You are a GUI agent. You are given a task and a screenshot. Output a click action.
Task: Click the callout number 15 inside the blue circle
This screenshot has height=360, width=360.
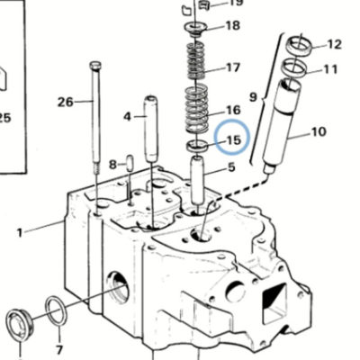pyautogui.click(x=234, y=139)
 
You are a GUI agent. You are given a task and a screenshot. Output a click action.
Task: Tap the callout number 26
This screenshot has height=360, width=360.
pyautogui.click(x=66, y=102)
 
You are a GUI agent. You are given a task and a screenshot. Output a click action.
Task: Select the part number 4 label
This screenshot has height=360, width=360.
pyautogui.click(x=128, y=116)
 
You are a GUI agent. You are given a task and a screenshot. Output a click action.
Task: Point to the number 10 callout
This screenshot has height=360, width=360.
pyautogui.click(x=319, y=131)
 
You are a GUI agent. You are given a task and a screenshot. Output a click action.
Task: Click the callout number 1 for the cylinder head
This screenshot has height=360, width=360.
pyautogui.click(x=20, y=232)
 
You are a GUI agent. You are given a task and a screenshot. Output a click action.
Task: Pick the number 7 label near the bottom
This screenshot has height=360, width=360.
pyautogui.click(x=59, y=350)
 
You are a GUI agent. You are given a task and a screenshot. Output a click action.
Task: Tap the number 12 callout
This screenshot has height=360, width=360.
pyautogui.click(x=334, y=45)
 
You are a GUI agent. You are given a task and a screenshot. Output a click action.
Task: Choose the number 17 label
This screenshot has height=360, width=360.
pyautogui.click(x=233, y=67)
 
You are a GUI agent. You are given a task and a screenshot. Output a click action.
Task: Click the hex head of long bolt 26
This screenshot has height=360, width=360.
pyautogui.click(x=95, y=65)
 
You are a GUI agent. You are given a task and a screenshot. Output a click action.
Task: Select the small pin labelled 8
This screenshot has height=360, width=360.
pyautogui.click(x=130, y=163)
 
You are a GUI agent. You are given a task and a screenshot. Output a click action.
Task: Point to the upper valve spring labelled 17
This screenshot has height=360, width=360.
pyautogui.click(x=196, y=60)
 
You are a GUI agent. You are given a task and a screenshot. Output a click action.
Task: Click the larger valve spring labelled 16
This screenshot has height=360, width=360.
pyautogui.click(x=196, y=109)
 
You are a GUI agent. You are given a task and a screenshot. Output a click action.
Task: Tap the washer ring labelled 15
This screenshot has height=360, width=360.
pyautogui.click(x=196, y=146)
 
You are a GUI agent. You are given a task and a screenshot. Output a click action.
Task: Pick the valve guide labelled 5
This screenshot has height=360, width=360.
pyautogui.click(x=197, y=179)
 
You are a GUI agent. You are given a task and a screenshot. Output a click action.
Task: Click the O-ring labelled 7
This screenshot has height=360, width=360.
pyautogui.click(x=57, y=310)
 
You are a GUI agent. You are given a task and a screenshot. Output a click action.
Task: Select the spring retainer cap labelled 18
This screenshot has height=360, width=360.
pyautogui.click(x=195, y=29)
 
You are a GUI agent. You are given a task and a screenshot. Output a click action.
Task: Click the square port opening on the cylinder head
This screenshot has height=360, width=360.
pyautogui.click(x=274, y=303)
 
